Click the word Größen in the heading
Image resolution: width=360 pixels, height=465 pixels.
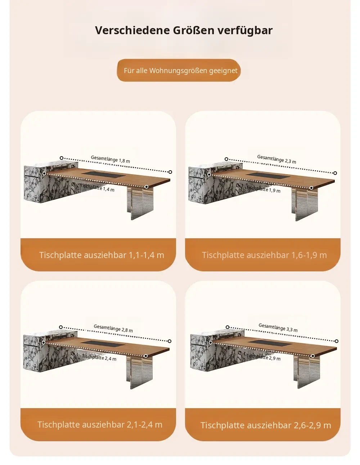click(193, 30)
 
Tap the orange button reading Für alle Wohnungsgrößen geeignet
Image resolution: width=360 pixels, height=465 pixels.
click(179, 70)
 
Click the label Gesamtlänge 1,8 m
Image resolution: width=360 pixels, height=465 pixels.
click(111, 159)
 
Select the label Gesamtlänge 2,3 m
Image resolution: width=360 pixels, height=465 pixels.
click(276, 159)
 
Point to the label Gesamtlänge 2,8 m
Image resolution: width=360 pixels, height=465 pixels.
click(113, 328)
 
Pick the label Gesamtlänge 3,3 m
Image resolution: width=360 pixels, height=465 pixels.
click(278, 328)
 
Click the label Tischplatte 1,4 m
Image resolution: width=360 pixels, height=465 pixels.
click(98, 188)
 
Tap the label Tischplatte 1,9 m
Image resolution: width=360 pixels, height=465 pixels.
click(263, 189)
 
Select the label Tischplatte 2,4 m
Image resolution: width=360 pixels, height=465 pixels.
click(99, 357)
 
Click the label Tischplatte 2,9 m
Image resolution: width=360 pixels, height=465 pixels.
click(263, 357)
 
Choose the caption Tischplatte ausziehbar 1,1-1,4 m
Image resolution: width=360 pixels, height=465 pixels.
click(102, 255)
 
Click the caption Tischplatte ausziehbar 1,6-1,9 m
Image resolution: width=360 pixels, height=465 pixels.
click(264, 255)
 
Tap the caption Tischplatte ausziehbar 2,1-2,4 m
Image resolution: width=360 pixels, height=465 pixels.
click(100, 425)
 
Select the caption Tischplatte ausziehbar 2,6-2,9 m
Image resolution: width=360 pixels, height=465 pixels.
click(266, 425)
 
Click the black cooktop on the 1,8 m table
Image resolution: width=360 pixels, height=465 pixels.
click(104, 175)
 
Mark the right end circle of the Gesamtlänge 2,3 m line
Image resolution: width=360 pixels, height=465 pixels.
click(335, 173)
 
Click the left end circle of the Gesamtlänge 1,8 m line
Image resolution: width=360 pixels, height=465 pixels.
click(62, 158)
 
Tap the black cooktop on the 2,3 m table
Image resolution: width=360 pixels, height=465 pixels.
click(268, 176)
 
